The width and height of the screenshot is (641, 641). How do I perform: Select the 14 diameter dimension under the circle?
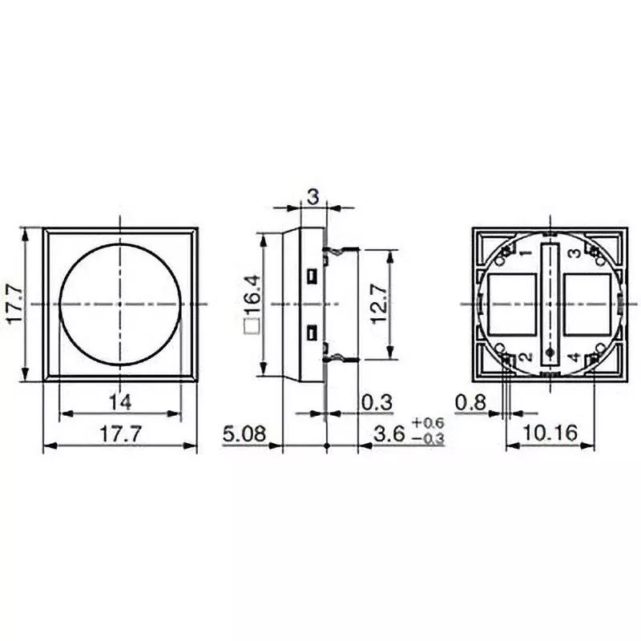[120, 400]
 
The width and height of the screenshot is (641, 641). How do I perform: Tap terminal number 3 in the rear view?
[574, 254]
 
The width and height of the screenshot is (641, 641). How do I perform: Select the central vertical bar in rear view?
[549, 304]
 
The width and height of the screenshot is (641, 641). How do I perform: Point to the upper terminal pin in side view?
[341, 252]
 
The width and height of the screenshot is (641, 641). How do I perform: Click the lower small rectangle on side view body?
[312, 333]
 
